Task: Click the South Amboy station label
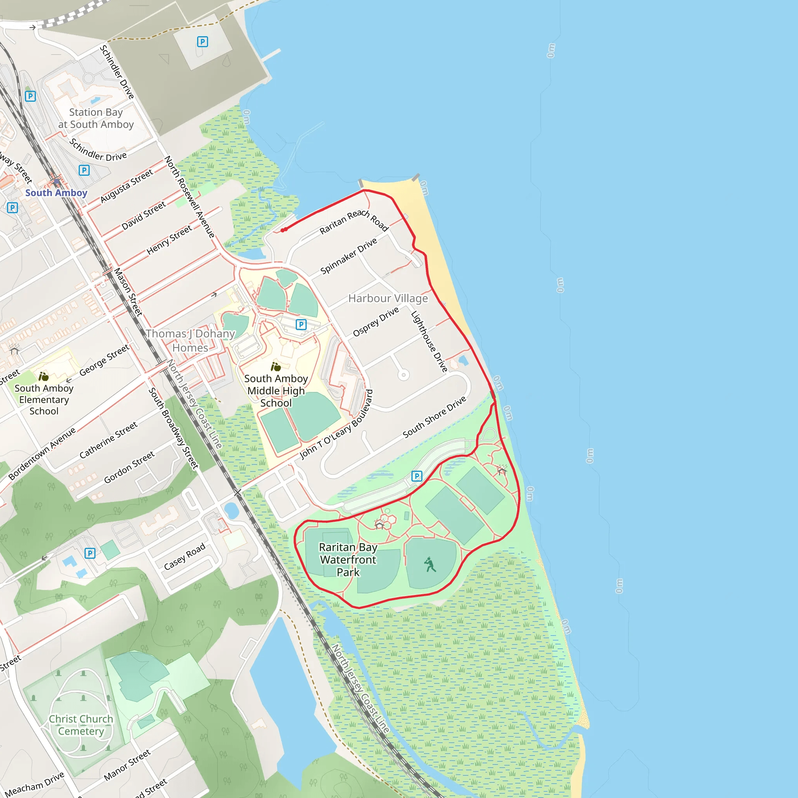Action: click(56, 193)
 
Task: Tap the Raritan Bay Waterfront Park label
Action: click(348, 559)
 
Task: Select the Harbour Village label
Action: click(388, 298)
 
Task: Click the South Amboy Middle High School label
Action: click(276, 390)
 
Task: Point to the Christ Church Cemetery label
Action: click(81, 725)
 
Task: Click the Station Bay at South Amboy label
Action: click(96, 118)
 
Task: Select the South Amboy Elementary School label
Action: click(44, 399)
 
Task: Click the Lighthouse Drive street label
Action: click(429, 342)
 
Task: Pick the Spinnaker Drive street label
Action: click(349, 256)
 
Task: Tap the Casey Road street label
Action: click(184, 556)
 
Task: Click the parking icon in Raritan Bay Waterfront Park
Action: click(417, 476)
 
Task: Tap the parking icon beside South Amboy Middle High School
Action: click(301, 324)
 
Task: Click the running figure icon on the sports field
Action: click(430, 564)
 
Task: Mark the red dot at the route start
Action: click(284, 230)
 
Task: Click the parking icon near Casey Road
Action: click(90, 553)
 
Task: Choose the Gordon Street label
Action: click(129, 467)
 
